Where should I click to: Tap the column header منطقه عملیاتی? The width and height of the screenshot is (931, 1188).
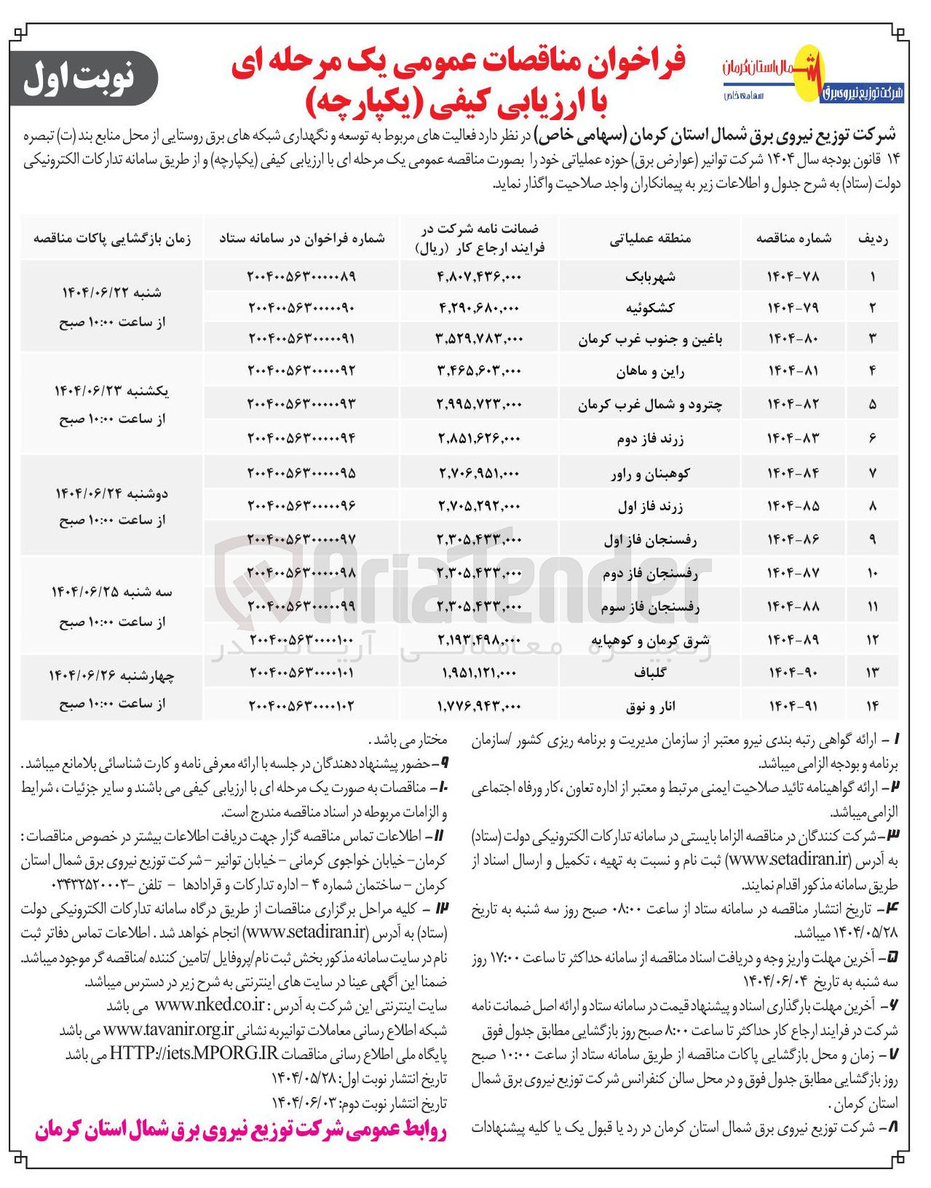coord(650,238)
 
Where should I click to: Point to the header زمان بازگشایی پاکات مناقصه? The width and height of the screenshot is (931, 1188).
coord(112,238)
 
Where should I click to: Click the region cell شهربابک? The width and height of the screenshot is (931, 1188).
coord(650,277)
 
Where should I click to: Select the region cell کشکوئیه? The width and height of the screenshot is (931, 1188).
coord(650,307)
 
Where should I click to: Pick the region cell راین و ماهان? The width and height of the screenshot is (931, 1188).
coord(650,371)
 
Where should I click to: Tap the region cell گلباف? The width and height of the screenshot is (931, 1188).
coord(650,673)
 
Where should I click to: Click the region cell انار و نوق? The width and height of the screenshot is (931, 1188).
coord(650,705)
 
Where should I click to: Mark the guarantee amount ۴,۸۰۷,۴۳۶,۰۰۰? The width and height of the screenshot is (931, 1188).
coord(479,277)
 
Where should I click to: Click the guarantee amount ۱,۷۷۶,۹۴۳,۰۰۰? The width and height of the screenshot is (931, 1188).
coord(479,705)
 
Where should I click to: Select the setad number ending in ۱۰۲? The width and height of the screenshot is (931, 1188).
coord(301,705)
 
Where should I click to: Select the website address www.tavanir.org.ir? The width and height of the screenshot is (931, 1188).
coord(169,1029)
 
